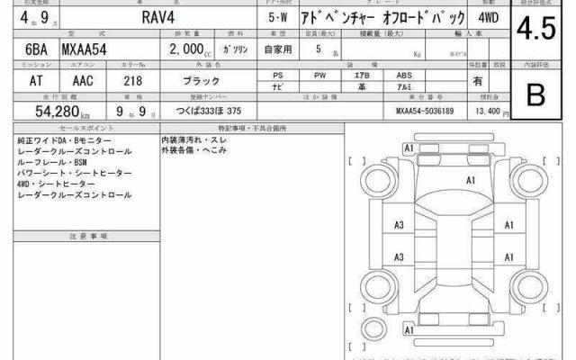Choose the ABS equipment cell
[406, 76]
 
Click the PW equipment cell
[319, 76]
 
